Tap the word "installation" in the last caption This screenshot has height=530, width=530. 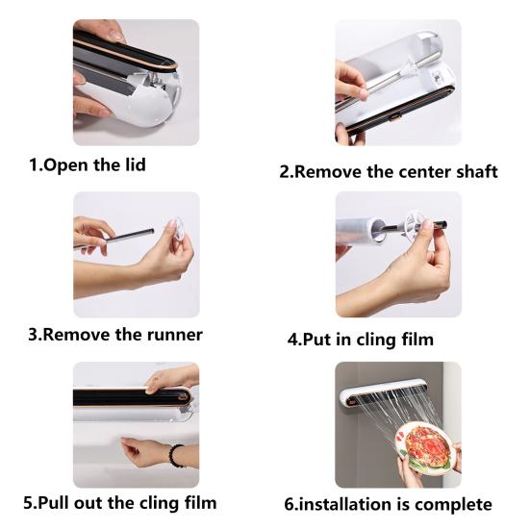click(x=356, y=503)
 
